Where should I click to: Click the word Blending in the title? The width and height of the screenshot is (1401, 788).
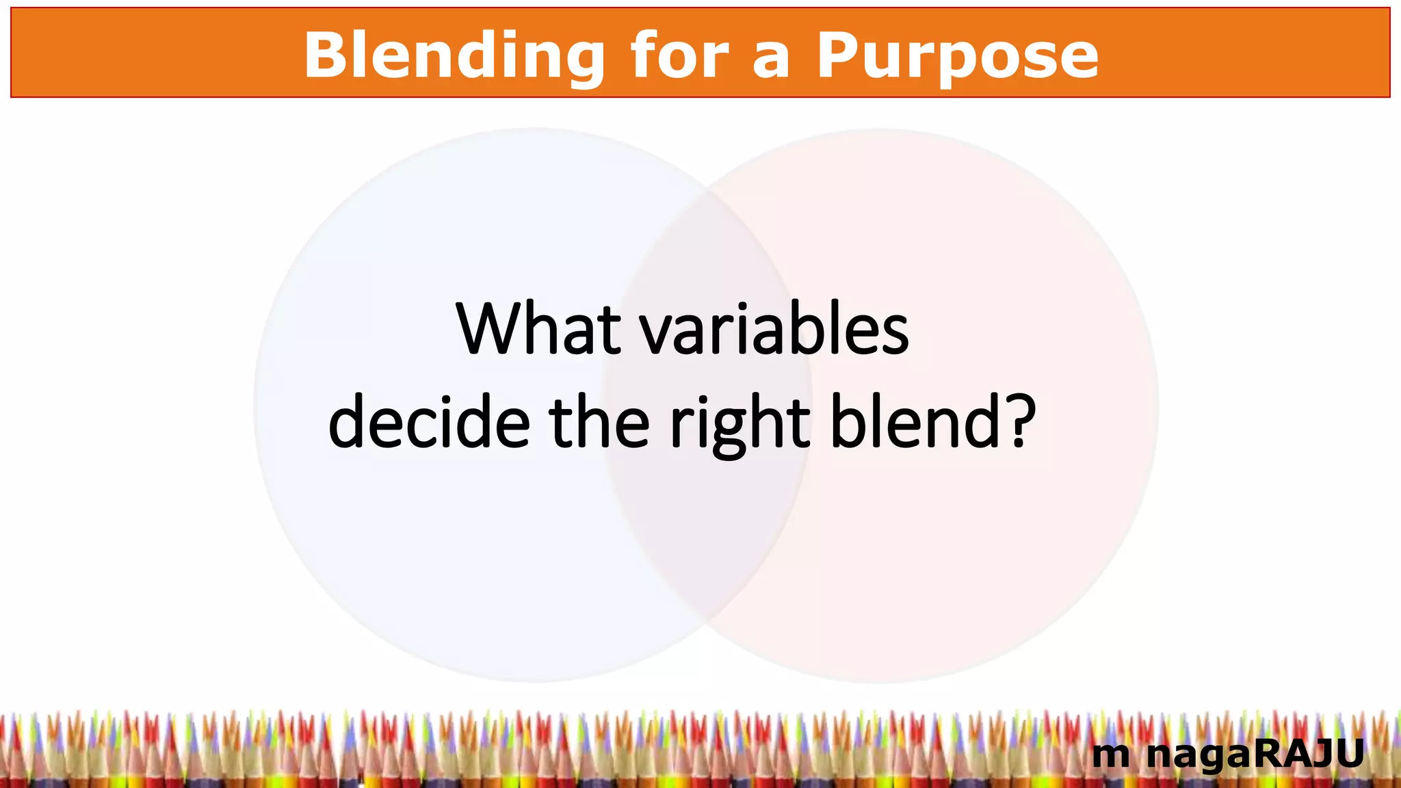point(454,56)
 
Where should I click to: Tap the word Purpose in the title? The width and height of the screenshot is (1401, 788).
point(957,56)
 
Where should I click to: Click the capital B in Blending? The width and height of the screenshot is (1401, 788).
point(324,56)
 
